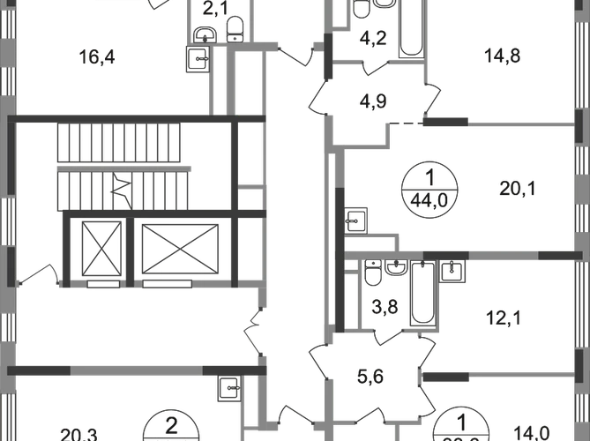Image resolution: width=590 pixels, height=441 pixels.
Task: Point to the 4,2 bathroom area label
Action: [367, 38]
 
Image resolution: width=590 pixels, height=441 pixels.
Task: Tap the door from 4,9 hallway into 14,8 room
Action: [434, 95]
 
